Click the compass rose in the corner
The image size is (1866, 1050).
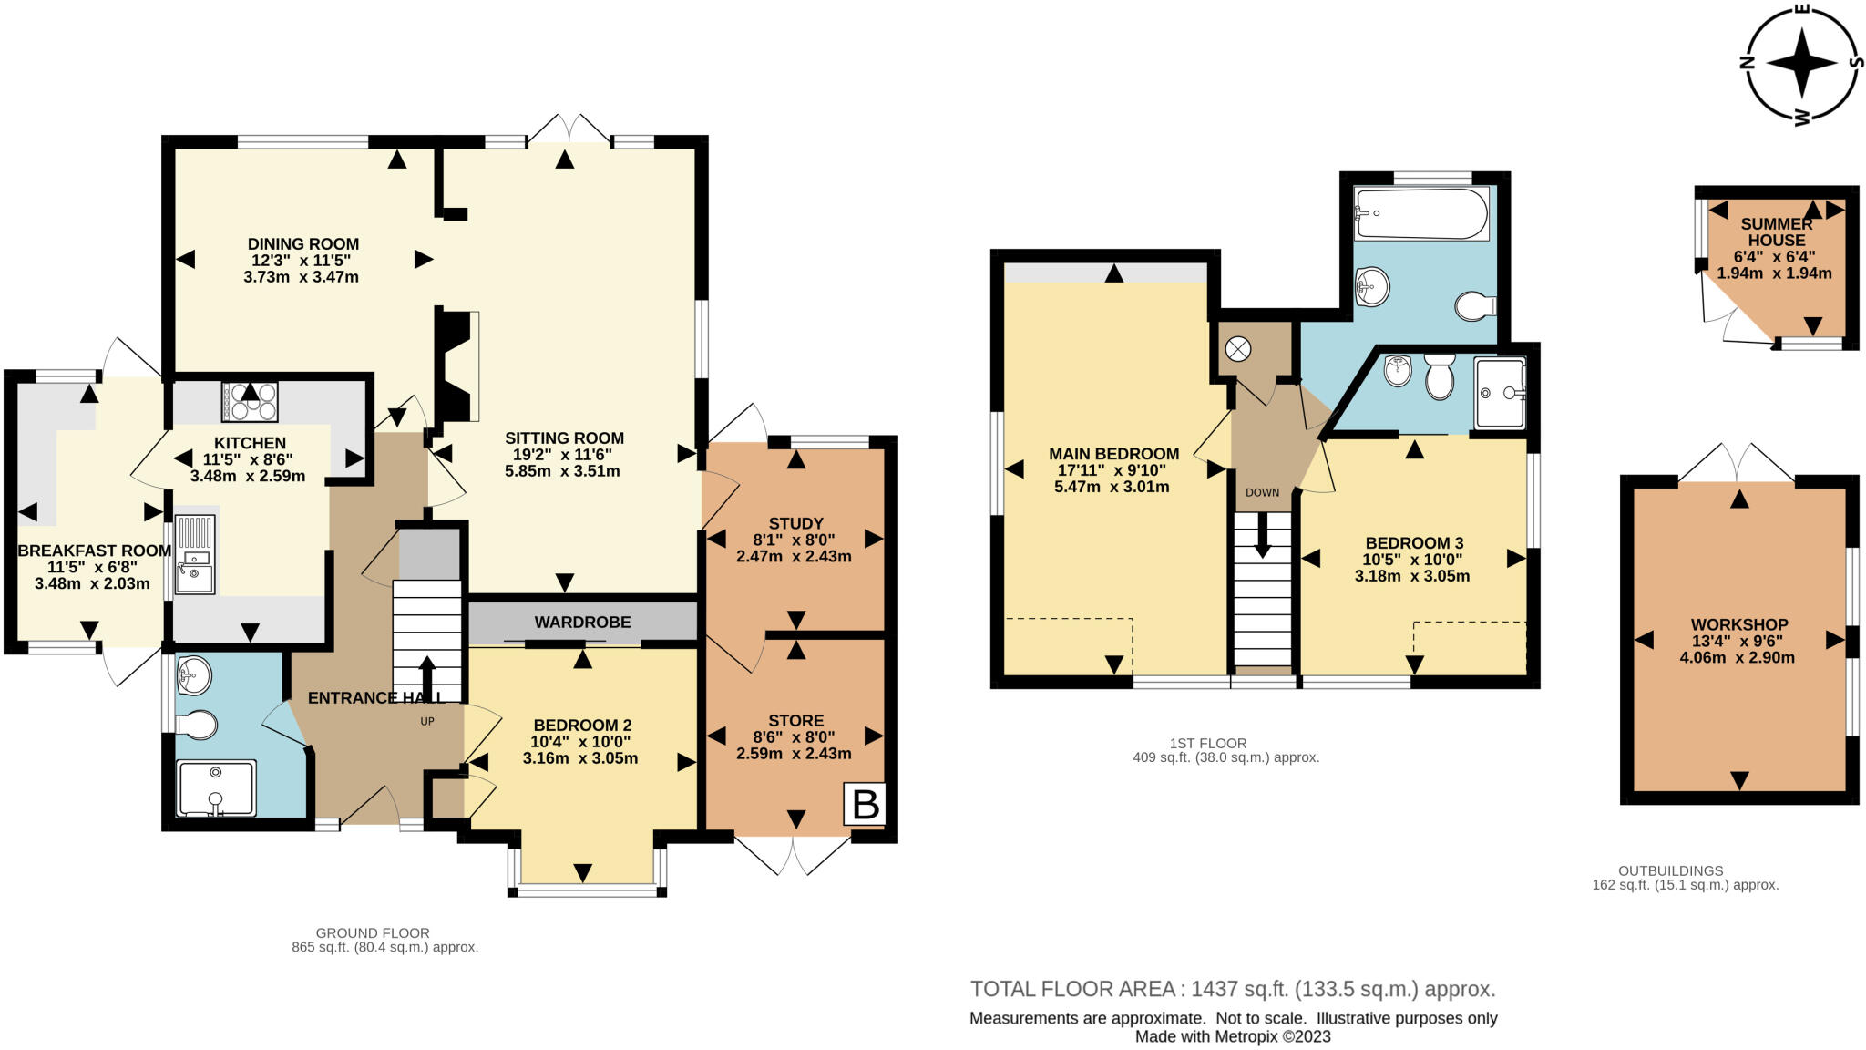click(1801, 63)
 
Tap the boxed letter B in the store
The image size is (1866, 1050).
click(865, 804)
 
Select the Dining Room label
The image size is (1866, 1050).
click(302, 244)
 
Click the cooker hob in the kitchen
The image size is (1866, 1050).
click(250, 401)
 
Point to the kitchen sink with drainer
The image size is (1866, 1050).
click(195, 554)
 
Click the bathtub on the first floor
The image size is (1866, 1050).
click(1420, 213)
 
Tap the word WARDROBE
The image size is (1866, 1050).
click(582, 623)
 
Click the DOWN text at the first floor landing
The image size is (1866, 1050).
click(1262, 492)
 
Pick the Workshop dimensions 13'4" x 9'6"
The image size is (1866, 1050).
click(1738, 642)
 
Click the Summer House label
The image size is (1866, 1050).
click(1776, 232)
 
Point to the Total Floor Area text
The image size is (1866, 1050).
click(1232, 989)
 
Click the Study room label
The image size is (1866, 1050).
click(795, 523)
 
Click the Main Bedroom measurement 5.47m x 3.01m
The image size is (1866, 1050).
click(1112, 487)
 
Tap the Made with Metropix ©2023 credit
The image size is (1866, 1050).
click(1232, 1036)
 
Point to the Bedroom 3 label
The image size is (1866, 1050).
click(1413, 543)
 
